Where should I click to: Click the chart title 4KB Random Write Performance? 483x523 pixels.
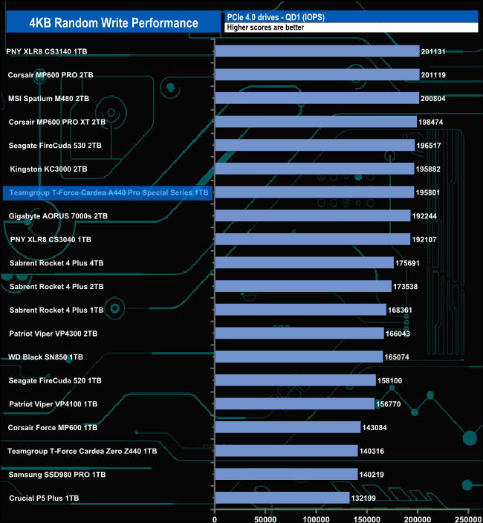[x=114, y=22]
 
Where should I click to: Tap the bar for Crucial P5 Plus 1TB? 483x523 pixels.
[x=282, y=498]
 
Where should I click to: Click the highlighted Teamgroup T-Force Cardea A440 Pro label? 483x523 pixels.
[x=108, y=192]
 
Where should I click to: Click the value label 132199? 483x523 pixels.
[x=367, y=498]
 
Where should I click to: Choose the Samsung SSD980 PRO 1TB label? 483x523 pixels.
[x=57, y=474]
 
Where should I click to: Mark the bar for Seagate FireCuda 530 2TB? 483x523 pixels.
[x=314, y=146]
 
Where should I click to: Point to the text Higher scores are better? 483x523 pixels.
[x=265, y=27]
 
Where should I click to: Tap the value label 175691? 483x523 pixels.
[x=411, y=263]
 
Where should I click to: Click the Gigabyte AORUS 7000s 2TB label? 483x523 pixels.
[x=59, y=216]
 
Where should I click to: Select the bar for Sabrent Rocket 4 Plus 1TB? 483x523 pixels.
[x=300, y=310]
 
